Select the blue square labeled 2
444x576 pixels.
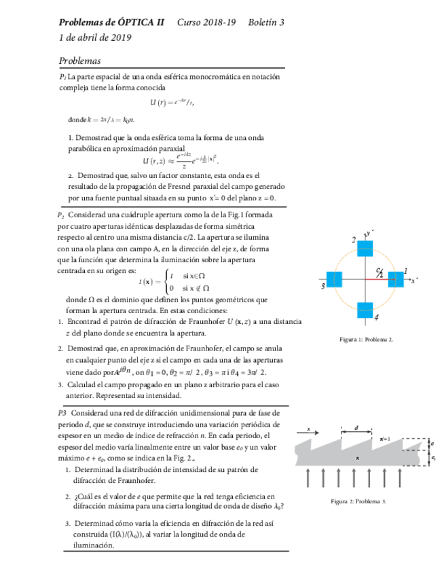[365, 247]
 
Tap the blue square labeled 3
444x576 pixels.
[334, 278]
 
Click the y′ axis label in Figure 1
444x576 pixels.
[369, 234]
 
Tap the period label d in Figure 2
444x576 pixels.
[358, 429]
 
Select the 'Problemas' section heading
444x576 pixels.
[80, 60]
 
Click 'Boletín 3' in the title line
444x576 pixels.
[266, 22]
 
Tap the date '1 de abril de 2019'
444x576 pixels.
[96, 37]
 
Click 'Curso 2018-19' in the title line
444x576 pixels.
[206, 22]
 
